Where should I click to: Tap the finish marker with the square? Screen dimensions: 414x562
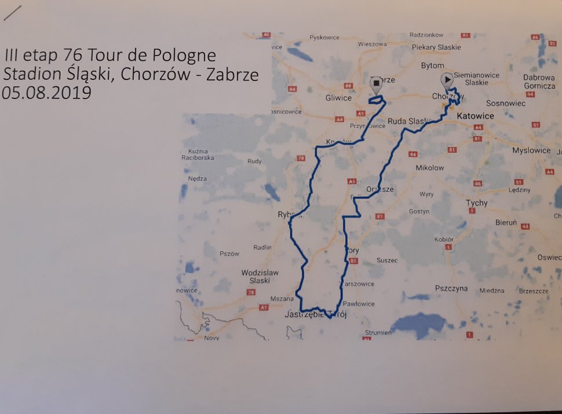point(376,84)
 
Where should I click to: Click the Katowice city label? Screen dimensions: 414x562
point(475,116)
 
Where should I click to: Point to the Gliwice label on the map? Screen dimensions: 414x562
point(338,97)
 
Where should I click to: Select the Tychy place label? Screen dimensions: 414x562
point(477,203)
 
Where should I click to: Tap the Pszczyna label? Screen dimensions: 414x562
point(451,288)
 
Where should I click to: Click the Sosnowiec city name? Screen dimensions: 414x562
point(506,103)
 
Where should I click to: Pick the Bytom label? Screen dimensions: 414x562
point(433,65)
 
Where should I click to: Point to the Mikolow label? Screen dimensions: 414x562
point(430,168)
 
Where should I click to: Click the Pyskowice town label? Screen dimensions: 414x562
point(324,37)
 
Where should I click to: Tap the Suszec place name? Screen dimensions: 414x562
point(387,260)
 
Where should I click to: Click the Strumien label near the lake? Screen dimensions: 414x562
point(378,333)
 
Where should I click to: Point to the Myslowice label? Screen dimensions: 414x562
point(531,151)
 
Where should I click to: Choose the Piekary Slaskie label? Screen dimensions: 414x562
point(436,47)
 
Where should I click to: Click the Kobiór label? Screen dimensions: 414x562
point(444,239)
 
